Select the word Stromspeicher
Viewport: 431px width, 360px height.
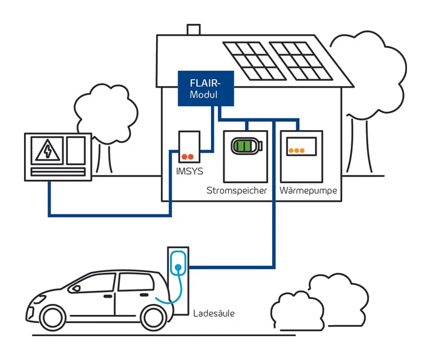click(236, 191)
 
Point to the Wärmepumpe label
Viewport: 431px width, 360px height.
click(308, 191)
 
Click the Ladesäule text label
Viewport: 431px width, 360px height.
click(213, 313)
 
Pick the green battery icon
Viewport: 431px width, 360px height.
click(246, 146)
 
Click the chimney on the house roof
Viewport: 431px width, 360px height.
click(190, 30)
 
